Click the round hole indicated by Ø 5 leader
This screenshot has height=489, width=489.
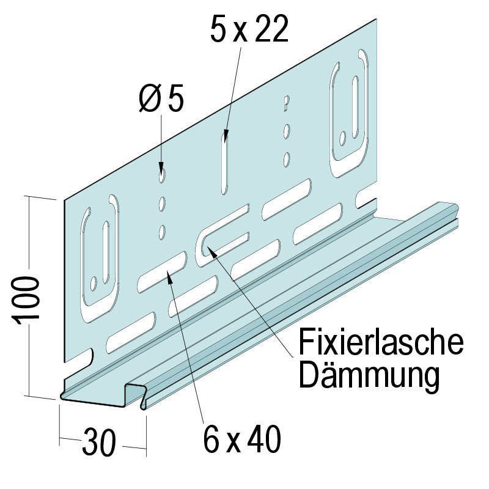coord(161,175)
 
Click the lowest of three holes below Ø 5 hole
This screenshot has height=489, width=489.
coord(163,230)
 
